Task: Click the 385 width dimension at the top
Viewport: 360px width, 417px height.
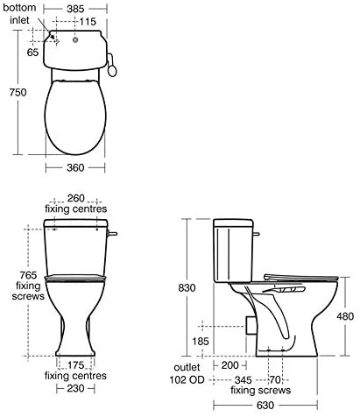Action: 75,9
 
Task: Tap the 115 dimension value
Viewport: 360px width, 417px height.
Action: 88,21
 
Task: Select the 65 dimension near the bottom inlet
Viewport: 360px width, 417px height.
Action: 32,53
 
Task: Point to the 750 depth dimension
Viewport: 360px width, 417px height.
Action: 18,92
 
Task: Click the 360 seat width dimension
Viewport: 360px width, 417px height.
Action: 75,167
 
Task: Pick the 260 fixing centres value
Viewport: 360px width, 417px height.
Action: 75,198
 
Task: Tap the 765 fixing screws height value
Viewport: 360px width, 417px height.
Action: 28,275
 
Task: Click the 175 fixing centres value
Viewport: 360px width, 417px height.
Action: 75,365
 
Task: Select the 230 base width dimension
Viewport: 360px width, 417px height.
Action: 75,388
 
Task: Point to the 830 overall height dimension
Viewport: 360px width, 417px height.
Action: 187,288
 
